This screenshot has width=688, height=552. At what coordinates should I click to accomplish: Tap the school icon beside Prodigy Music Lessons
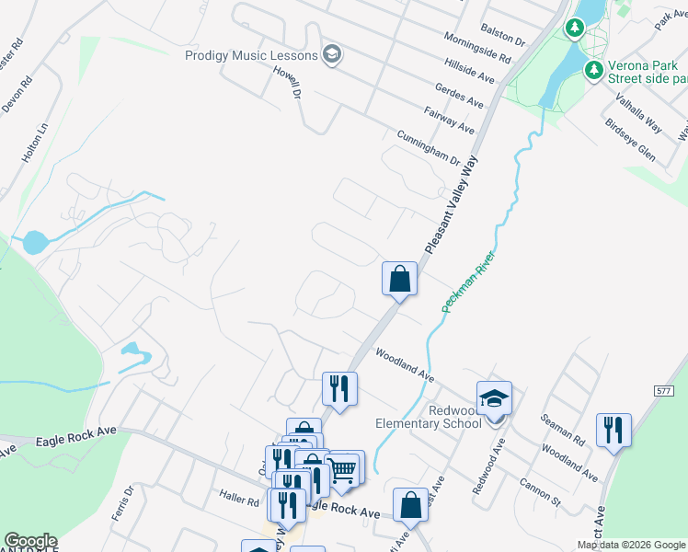tap(332, 55)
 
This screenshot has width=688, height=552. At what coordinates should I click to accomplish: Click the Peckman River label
tap(468, 280)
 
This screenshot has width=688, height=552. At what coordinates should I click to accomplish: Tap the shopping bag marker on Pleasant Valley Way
tap(400, 279)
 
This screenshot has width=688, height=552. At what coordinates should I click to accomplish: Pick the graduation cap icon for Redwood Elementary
tap(494, 397)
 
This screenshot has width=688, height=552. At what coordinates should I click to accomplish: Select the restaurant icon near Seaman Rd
tap(613, 430)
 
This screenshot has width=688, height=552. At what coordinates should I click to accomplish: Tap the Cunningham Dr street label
tap(428, 147)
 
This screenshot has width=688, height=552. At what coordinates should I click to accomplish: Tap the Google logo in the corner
tap(30, 541)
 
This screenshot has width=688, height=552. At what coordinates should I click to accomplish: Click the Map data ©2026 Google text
tap(632, 545)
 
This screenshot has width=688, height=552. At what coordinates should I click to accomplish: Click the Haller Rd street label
tap(239, 501)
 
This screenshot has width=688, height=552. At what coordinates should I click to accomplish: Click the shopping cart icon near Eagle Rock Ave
tap(342, 469)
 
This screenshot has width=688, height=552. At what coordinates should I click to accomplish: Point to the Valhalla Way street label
tap(639, 112)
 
